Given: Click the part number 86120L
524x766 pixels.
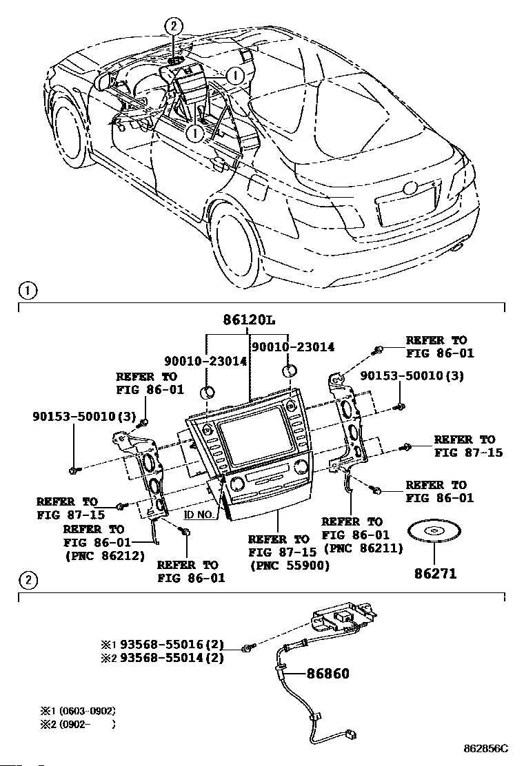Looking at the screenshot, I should pyautogui.click(x=250, y=320).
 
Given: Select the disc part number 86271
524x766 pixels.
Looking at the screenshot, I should pyautogui.click(x=435, y=572).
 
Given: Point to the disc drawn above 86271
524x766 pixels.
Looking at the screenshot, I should pyautogui.click(x=435, y=533).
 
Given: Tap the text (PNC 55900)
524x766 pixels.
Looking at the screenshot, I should pyautogui.click(x=290, y=565).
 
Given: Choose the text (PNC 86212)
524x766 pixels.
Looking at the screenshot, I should pyautogui.click(x=104, y=556).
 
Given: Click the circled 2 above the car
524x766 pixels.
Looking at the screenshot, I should pyautogui.click(x=173, y=27).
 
